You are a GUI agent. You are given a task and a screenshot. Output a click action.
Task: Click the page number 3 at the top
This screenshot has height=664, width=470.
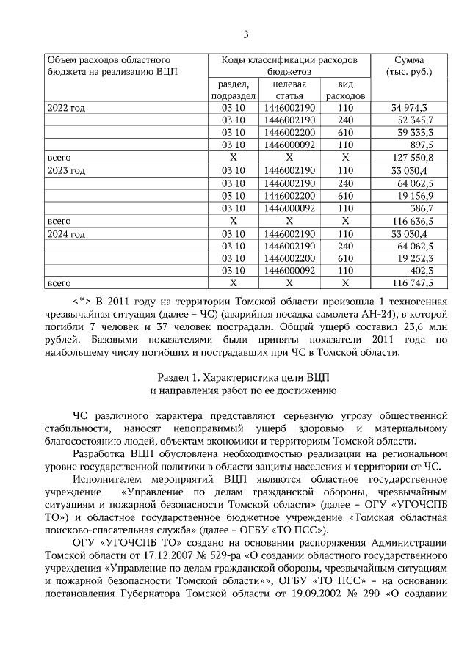246,34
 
